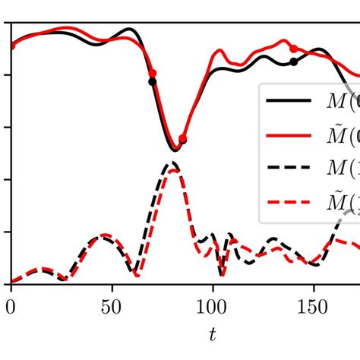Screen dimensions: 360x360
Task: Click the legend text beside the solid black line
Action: click(x=339, y=101)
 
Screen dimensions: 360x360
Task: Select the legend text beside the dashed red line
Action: click(x=339, y=203)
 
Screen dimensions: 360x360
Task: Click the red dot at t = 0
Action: click(x=11, y=46)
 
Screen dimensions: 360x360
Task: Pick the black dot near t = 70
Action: click(x=152, y=81)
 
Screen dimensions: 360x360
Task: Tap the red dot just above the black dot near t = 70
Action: click(x=153, y=72)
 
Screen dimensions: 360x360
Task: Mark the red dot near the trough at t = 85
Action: click(x=182, y=139)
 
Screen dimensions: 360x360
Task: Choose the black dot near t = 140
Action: click(x=294, y=62)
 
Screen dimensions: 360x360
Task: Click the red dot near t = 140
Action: click(x=294, y=49)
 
